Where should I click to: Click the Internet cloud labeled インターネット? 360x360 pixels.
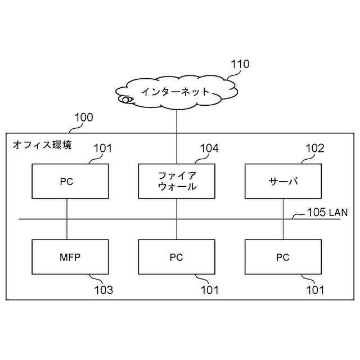click(x=175, y=92)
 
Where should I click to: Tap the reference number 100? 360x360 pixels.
click(x=84, y=118)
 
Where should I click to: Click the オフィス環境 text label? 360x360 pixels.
click(x=42, y=145)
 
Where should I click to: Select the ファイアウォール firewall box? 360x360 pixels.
click(x=177, y=181)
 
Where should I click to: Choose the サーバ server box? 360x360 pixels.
click(x=283, y=181)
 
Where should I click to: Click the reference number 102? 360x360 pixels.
click(x=315, y=148)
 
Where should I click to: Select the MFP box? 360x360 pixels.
click(x=70, y=257)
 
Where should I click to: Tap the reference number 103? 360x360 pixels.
click(x=103, y=290)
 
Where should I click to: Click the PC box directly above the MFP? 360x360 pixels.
click(x=70, y=181)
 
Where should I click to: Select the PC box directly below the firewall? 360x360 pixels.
click(x=177, y=257)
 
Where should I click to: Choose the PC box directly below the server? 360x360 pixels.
click(x=283, y=257)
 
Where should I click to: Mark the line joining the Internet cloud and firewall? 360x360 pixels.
click(x=177, y=135)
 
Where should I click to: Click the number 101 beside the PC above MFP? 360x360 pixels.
click(x=102, y=148)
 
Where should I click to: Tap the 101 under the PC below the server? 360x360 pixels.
click(x=315, y=290)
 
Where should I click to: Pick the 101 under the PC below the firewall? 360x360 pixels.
click(x=209, y=290)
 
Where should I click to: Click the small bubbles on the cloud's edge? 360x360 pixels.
click(x=127, y=100)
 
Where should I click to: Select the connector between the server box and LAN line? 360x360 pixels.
click(x=283, y=209)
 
